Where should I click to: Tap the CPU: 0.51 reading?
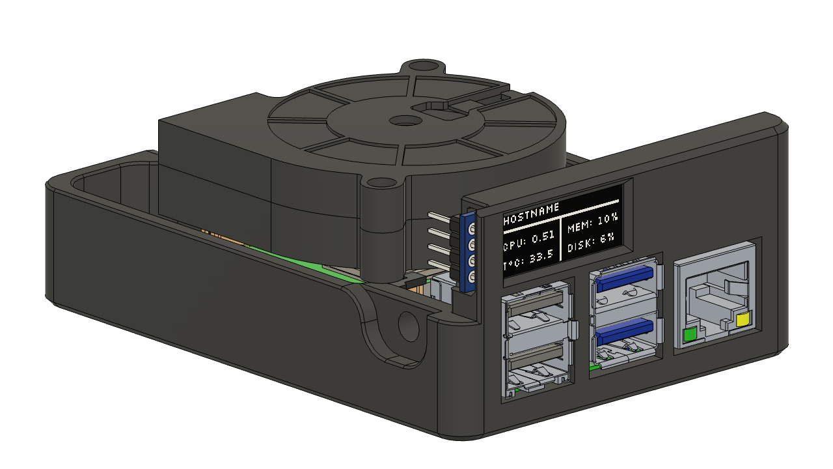pyautogui.click(x=529, y=236)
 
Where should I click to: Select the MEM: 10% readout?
pyautogui.click(x=592, y=227)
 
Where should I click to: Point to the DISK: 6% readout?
pyautogui.click(x=591, y=247)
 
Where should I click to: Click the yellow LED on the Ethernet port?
pyautogui.click(x=743, y=320)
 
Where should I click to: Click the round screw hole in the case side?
pyautogui.click(x=407, y=324)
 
